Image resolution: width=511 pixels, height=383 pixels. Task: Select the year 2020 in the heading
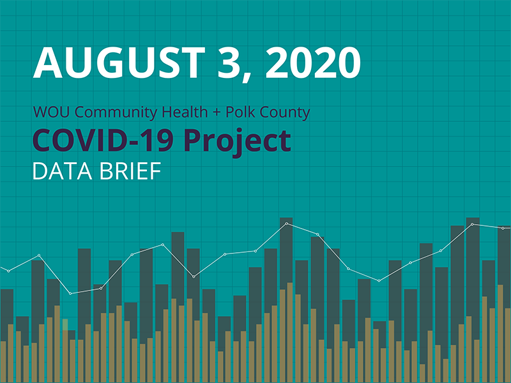pos(313,62)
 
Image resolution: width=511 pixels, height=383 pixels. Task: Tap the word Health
pos(185,113)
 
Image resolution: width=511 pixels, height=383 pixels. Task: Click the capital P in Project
pos(193,140)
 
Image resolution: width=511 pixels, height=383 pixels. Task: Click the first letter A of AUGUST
pos(46,62)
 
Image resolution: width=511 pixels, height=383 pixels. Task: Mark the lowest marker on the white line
pos(70,294)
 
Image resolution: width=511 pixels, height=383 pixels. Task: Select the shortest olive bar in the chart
pos(423,373)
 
